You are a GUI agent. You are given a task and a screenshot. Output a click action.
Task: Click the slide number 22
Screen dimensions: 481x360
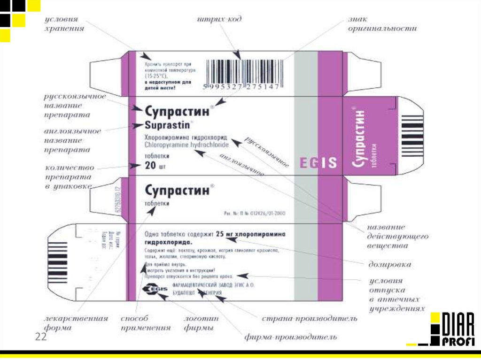click(x=41, y=337)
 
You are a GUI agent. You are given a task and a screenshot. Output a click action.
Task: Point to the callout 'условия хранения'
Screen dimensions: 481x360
click(x=64, y=24)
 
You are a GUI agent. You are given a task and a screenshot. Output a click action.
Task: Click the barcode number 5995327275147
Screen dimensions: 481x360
click(x=241, y=87)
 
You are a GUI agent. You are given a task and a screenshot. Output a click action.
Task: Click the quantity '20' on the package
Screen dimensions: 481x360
click(x=150, y=165)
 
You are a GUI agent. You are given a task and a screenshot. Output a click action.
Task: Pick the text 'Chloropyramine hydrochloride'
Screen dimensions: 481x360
click(x=186, y=146)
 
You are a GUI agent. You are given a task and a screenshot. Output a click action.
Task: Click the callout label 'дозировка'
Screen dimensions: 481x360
click(x=389, y=265)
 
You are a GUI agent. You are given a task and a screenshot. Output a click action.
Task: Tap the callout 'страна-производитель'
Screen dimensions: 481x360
click(x=310, y=319)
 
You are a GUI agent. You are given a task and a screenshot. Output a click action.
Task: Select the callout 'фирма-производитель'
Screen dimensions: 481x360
click(x=290, y=337)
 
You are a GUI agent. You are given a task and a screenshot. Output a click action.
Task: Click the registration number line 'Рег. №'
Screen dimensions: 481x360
click(x=254, y=214)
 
